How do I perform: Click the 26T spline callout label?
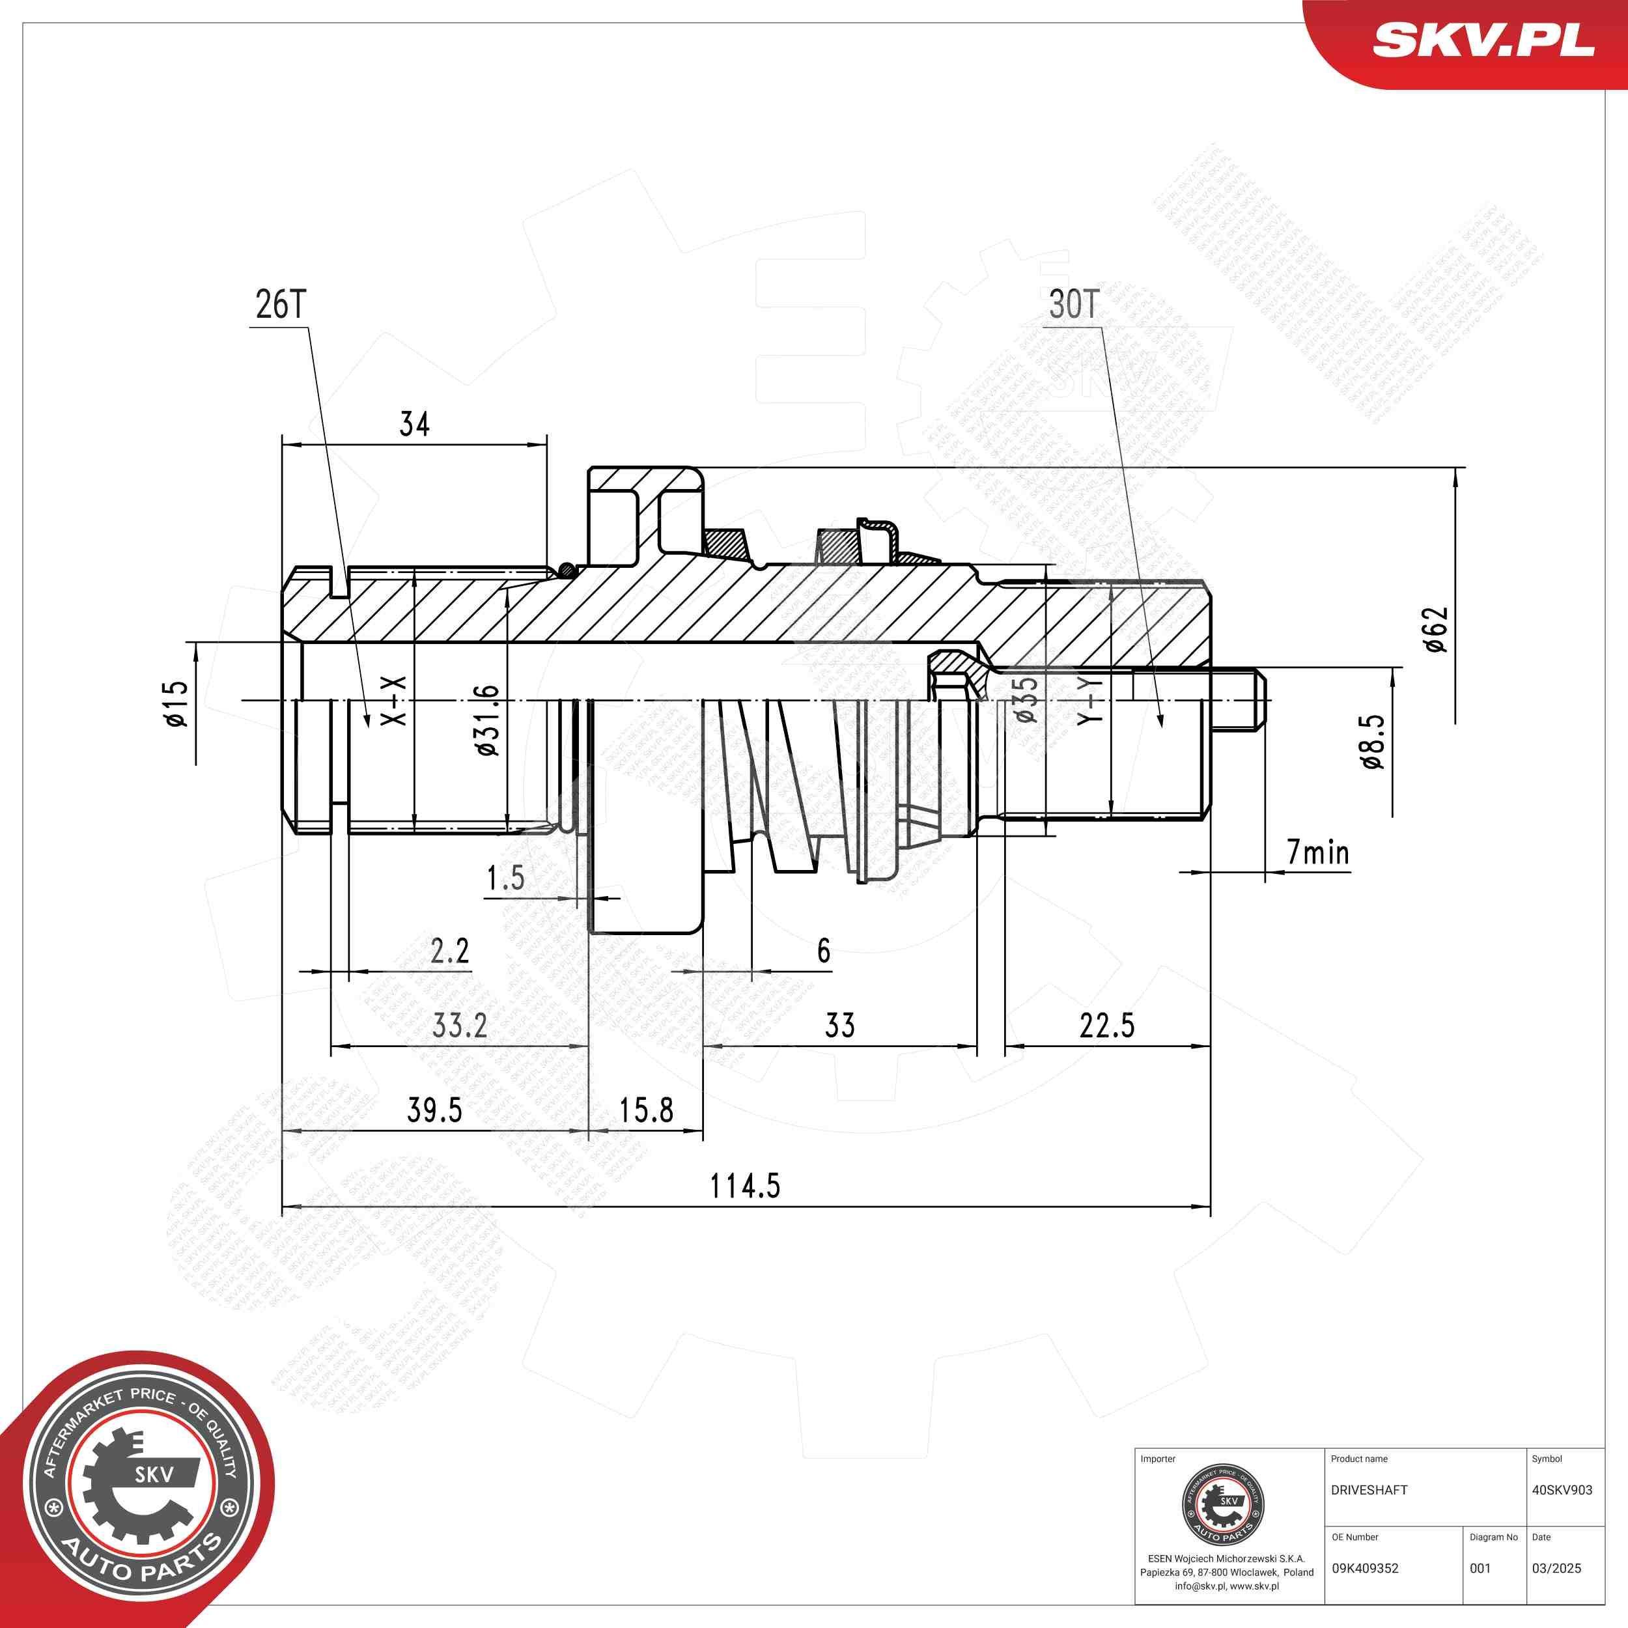281,305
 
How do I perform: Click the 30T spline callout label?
1074,305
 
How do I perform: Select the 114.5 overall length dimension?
745,1186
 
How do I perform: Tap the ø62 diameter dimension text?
1435,630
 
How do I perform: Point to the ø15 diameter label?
175,703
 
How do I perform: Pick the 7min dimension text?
1317,853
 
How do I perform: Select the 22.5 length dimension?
1106,1026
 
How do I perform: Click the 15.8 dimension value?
646,1110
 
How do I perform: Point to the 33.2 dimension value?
459,1026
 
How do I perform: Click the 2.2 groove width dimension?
449,951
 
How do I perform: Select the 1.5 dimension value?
505,878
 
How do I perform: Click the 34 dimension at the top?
414,424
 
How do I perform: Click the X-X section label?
395,701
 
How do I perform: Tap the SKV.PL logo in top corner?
1482,40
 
